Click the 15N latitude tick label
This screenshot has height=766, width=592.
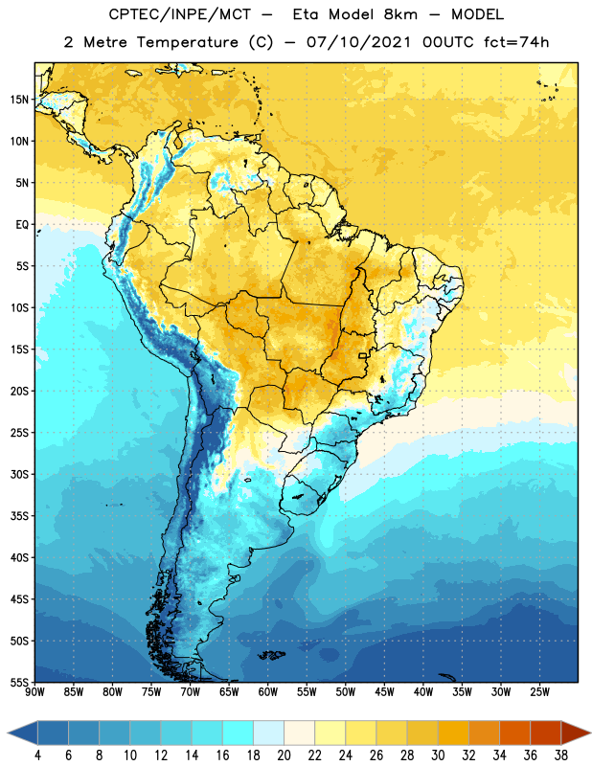click(x=19, y=100)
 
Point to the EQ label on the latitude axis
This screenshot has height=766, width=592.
click(x=22, y=225)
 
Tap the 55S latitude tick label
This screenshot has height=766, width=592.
click(x=19, y=682)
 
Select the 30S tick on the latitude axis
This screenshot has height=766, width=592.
click(x=19, y=474)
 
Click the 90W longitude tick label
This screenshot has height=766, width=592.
click(x=34, y=692)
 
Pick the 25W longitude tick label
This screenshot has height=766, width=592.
click(x=539, y=692)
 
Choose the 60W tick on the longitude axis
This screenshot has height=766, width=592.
click(x=268, y=692)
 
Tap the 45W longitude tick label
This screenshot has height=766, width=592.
click(x=384, y=692)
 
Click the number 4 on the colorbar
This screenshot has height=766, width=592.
click(x=37, y=755)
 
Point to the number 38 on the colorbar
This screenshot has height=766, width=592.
click(x=561, y=755)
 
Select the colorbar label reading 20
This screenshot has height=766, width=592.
click(x=284, y=755)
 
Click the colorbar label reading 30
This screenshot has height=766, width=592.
click(x=438, y=755)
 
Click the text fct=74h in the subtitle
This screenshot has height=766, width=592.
click(x=516, y=42)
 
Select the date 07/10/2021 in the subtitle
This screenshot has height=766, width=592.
click(x=358, y=42)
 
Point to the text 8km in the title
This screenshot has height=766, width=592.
click(x=400, y=14)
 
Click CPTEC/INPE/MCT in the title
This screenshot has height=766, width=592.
click(x=179, y=15)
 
